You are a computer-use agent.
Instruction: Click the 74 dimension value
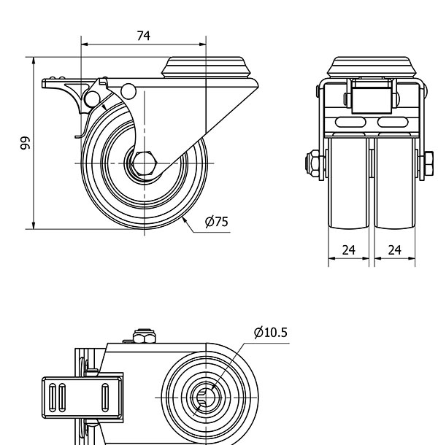click(x=143, y=36)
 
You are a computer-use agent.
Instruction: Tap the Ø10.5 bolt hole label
click(x=270, y=333)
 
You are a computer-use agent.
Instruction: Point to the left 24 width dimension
click(x=349, y=250)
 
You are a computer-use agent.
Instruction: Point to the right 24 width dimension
click(x=395, y=250)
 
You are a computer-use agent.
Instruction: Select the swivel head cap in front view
click(x=372, y=68)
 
